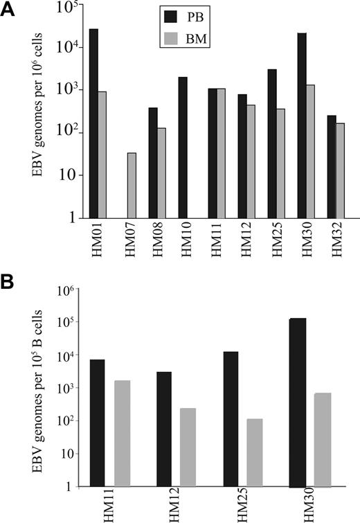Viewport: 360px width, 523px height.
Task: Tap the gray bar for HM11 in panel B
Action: [123, 433]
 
